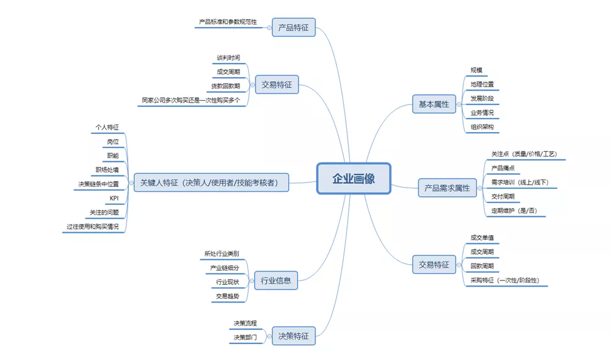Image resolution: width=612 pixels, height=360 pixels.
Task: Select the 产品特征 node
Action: click(293, 28)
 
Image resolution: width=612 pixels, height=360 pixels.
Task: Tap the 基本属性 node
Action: click(433, 105)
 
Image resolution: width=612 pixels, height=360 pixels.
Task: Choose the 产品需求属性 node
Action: click(447, 188)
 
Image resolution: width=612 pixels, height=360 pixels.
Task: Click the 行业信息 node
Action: click(275, 281)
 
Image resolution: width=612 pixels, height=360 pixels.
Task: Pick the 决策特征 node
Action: click(293, 336)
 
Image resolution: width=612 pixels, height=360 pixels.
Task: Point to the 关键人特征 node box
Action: click(211, 182)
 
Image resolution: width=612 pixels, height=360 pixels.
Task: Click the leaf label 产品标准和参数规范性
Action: click(228, 22)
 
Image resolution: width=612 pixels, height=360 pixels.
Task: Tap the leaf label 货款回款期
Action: click(225, 86)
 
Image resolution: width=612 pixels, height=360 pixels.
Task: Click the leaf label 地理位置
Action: click(482, 84)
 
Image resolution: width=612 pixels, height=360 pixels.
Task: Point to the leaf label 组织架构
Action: click(482, 127)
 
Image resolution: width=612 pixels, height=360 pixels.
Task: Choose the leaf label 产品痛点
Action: click(504, 167)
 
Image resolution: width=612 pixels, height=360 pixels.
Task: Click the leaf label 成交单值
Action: click(482, 237)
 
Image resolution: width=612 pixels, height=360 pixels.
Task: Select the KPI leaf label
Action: click(114, 198)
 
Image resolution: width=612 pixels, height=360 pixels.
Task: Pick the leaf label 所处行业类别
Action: click(222, 253)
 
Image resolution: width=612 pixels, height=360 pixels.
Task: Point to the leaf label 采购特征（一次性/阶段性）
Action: click(509, 281)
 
